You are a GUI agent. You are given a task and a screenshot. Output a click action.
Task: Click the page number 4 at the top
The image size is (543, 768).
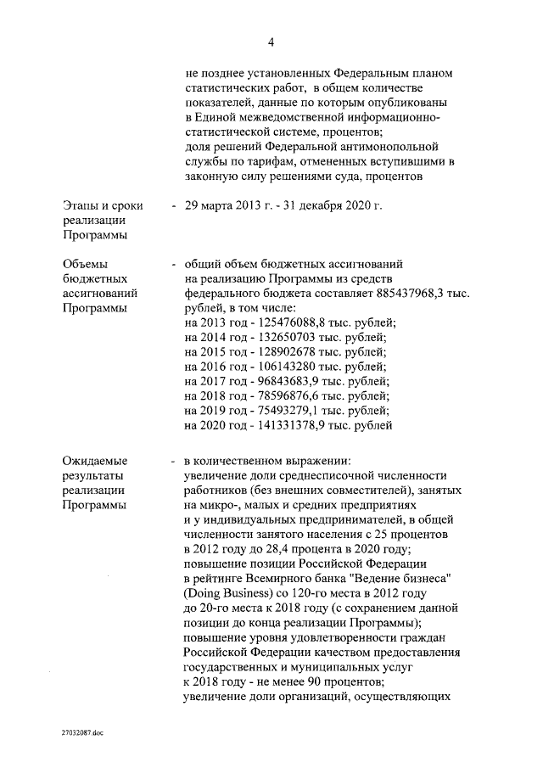271,42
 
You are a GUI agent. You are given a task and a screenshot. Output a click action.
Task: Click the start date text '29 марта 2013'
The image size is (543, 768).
221,205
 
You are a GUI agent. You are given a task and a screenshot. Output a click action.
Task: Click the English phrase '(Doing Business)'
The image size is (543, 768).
227,593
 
